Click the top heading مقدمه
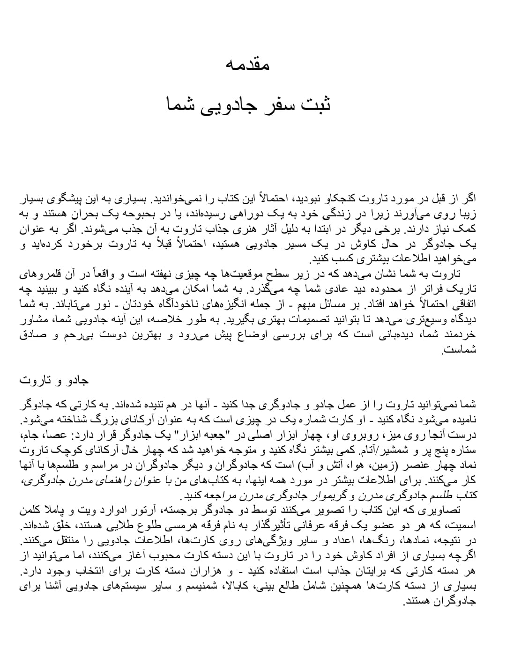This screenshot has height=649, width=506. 247,64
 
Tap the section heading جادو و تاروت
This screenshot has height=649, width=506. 54,380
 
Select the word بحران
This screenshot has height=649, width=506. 102,215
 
